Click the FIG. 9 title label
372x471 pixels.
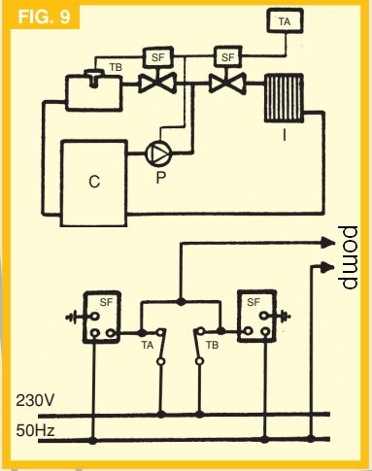pyautogui.click(x=44, y=17)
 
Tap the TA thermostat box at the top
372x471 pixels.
pyautogui.click(x=285, y=21)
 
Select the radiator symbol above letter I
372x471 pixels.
pyautogui.click(x=284, y=98)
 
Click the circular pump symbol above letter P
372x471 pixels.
pyautogui.click(x=159, y=152)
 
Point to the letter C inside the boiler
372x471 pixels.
pyautogui.click(x=94, y=182)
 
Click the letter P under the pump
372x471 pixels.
pyautogui.click(x=161, y=177)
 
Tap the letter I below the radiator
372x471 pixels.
pyautogui.click(x=285, y=134)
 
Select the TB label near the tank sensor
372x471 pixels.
pyautogui.click(x=116, y=67)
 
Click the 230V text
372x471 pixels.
pyautogui.click(x=35, y=400)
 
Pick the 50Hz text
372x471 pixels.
pyautogui.click(x=35, y=430)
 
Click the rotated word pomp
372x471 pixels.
pyautogui.click(x=348, y=257)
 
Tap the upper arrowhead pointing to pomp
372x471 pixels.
pyautogui.click(x=327, y=243)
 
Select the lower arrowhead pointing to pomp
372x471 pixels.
pyautogui.click(x=327, y=267)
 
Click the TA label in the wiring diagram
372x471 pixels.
pyautogui.click(x=148, y=346)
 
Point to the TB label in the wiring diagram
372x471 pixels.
pyautogui.click(x=212, y=345)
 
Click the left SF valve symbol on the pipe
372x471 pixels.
pyautogui.click(x=157, y=84)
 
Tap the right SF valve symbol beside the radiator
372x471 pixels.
pyautogui.click(x=227, y=84)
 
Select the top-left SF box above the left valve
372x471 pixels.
pyautogui.click(x=158, y=57)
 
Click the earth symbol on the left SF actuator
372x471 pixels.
pyautogui.click(x=73, y=317)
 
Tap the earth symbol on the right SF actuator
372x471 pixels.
pyautogui.click(x=283, y=315)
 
